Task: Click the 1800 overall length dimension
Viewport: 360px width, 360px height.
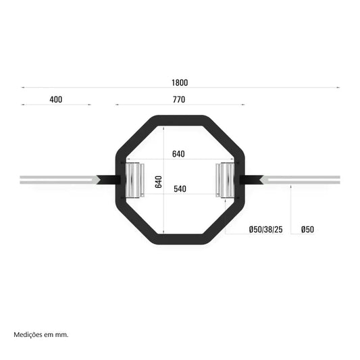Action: coord(179,83)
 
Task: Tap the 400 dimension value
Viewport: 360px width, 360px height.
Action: coord(55,99)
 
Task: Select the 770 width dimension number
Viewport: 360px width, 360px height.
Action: coord(179,99)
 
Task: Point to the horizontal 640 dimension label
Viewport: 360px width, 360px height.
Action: coord(178,154)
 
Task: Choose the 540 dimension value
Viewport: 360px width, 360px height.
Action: coord(180,189)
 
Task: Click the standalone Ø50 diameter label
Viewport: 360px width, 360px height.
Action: coord(307,230)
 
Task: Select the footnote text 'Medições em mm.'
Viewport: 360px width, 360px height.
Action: coord(41,334)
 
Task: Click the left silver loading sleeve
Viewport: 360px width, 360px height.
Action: coord(57,180)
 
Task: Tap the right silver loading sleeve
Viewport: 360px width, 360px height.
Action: coord(304,180)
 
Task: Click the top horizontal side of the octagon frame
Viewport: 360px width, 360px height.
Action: coord(180,121)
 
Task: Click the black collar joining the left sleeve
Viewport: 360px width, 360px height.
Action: coord(109,180)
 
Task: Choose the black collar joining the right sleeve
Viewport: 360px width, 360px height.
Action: coord(251,180)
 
